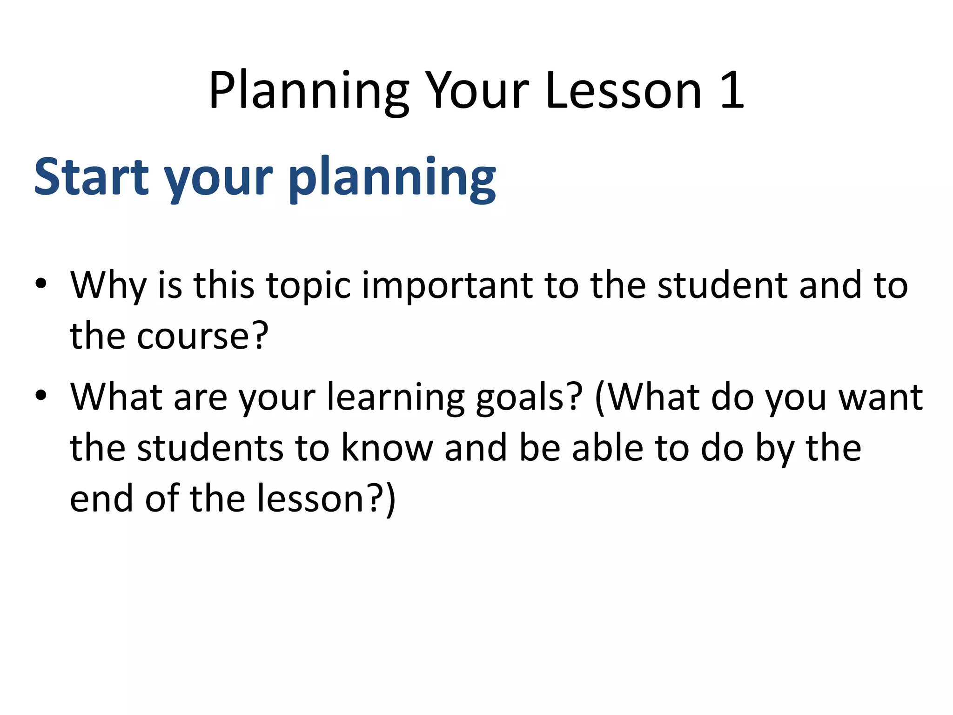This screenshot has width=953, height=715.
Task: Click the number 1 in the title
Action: click(732, 91)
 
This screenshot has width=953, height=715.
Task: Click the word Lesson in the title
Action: click(624, 91)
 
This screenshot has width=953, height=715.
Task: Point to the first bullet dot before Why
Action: click(41, 284)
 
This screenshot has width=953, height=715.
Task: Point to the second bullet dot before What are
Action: click(41, 396)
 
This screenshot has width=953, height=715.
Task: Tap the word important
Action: click(447, 285)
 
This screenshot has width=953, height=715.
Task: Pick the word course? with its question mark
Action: click(202, 336)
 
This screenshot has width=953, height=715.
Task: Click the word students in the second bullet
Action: click(210, 447)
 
